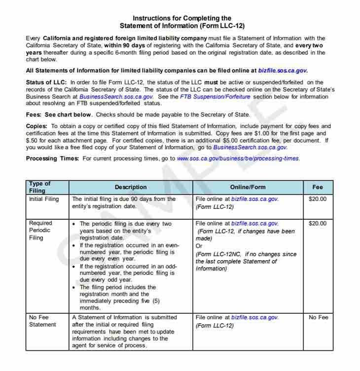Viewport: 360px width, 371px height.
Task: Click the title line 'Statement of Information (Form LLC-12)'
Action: pyautogui.click(x=182, y=26)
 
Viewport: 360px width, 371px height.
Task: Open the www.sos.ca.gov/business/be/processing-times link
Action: pyautogui.click(x=238, y=159)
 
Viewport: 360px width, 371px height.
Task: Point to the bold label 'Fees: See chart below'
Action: pyautogui.click(x=59, y=114)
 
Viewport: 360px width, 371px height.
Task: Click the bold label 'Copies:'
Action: pyautogui.click(x=36, y=126)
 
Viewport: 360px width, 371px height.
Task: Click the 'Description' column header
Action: pyautogui.click(x=131, y=187)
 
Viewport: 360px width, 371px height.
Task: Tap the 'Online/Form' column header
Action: pyautogui.click(x=248, y=187)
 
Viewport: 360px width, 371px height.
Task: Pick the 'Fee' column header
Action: pyautogui.click(x=318, y=187)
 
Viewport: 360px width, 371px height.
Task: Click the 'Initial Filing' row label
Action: pyautogui.click(x=44, y=199)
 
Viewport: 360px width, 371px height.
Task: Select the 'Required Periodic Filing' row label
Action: pyautogui.click(x=40, y=230)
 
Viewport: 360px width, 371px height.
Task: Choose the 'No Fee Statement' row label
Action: pyautogui.click(x=42, y=321)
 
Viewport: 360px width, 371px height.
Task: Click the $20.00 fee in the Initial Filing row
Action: pyautogui.click(x=318, y=199)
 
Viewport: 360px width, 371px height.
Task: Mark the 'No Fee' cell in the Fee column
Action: pyautogui.click(x=318, y=317)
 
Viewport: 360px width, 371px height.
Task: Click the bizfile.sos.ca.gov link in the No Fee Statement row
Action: pyautogui.click(x=254, y=317)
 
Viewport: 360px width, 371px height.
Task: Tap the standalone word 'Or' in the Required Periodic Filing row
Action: pyautogui.click(x=199, y=246)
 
